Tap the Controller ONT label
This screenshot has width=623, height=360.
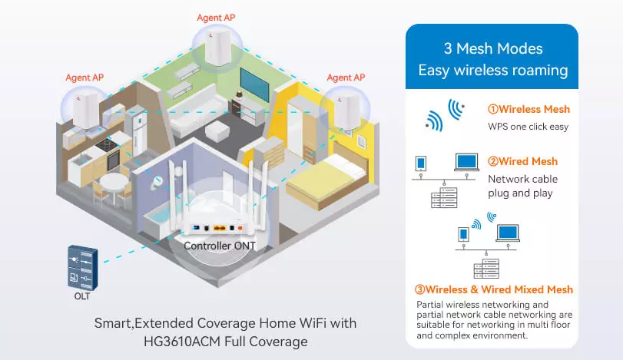pos(219,246)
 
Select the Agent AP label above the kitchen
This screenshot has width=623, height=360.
pos(85,78)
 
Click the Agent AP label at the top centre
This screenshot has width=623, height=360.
pos(218,18)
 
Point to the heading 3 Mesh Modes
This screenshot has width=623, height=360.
pos(492,48)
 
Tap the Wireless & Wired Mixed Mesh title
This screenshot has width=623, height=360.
pos(493,289)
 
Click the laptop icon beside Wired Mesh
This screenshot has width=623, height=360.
pos(466,163)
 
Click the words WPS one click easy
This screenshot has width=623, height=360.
pos(528,126)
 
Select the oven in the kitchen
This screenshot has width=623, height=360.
pos(112,158)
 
